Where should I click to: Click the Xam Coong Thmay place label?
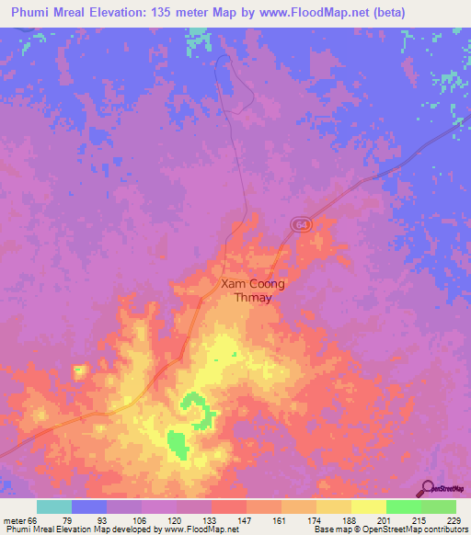pyautogui.click(x=253, y=291)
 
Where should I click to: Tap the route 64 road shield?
pyautogui.click(x=302, y=225)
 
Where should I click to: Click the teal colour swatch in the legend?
pyautogui.click(x=54, y=507)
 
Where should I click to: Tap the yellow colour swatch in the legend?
pyautogui.click(x=368, y=507)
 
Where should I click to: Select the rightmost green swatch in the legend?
pyautogui.click(x=438, y=507)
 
